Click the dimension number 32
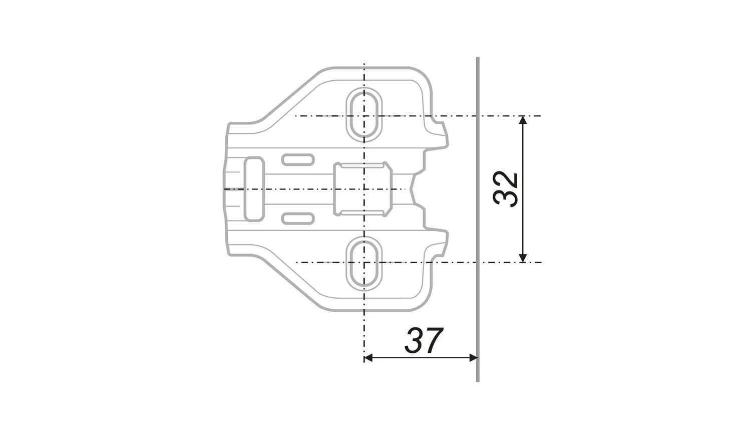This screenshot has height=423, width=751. pos(505,189)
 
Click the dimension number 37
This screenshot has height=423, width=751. pos(424,340)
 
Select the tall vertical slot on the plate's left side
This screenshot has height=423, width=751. pos(254,189)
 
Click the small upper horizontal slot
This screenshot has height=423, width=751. pos(298,160)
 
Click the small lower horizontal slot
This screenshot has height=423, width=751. pos(298,219)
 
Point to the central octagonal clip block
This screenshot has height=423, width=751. pos(363,189)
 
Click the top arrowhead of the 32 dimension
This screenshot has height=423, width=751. pos(523,120)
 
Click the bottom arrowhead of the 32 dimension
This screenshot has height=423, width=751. pos(523,258)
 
